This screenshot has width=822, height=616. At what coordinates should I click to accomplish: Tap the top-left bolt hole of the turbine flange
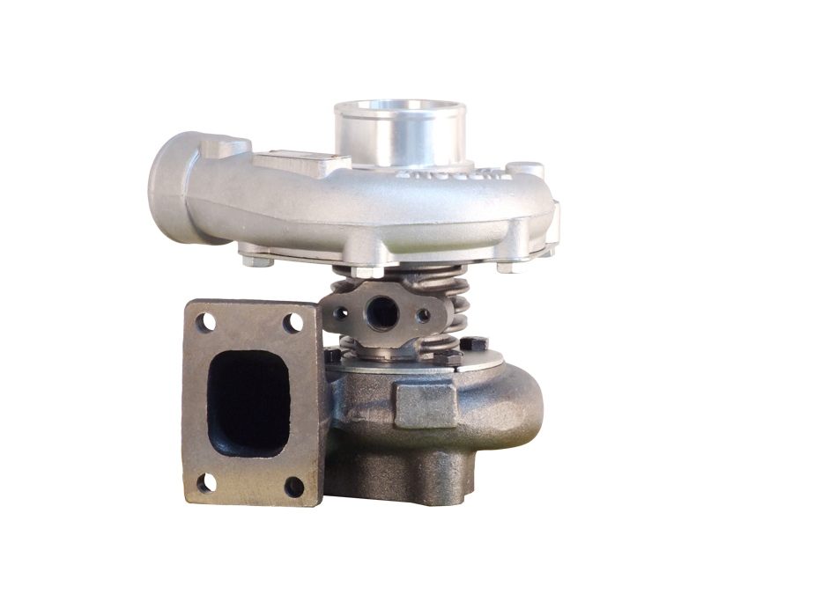[204, 324]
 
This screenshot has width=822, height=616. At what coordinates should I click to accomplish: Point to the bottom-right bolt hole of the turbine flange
[294, 487]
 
